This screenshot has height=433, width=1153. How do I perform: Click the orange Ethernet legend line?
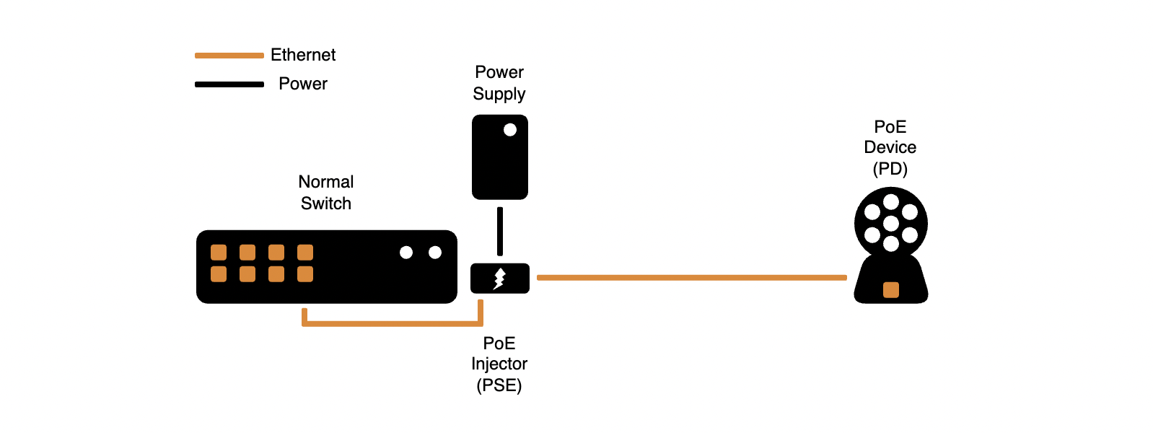[x=229, y=55]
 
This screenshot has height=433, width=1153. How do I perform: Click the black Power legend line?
[x=229, y=84]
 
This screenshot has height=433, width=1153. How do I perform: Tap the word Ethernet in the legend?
[x=303, y=55]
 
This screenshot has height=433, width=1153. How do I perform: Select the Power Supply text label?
[x=499, y=83]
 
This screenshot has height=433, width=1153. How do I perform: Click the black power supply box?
[x=500, y=157]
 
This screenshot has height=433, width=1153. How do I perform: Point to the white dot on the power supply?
[x=510, y=130]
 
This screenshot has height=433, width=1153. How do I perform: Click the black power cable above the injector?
[x=500, y=231]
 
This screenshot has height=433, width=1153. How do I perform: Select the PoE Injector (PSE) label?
[x=499, y=364]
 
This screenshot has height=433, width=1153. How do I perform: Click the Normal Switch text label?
[x=326, y=193]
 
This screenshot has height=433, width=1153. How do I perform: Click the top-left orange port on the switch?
[x=219, y=253]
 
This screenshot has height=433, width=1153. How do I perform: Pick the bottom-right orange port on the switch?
[x=305, y=274]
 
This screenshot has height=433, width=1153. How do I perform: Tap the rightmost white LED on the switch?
[x=435, y=253]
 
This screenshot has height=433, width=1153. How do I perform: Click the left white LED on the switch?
[x=406, y=253]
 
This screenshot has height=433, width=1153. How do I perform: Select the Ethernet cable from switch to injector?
[x=393, y=324]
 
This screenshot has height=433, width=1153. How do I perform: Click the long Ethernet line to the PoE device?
[x=692, y=278]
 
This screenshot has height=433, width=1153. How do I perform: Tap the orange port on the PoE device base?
[x=891, y=290]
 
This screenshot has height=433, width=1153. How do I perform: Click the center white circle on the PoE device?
[x=891, y=224]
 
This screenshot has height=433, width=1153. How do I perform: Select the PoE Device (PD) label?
[x=890, y=148]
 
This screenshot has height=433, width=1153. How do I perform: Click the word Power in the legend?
[x=303, y=84]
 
